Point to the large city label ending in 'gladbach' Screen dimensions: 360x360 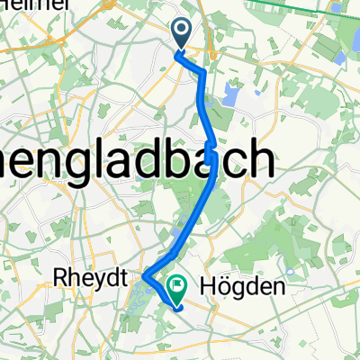tap(135, 161)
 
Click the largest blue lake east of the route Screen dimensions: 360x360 tap(232, 94)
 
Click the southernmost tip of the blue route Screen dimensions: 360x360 tap(179, 307)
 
